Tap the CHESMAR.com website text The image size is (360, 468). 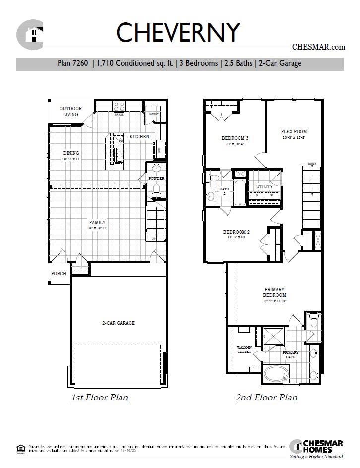click(318, 47)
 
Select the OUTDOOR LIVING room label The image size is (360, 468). click(70, 112)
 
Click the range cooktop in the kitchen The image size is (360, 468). click(119, 107)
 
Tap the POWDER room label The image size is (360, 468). click(156, 178)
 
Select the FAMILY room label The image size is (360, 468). click(97, 223)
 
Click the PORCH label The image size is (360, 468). click(59, 273)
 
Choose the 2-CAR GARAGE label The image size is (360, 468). click(119, 323)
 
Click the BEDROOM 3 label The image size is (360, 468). click(235, 138)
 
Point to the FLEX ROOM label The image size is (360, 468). click(291, 132)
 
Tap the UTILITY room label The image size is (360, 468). click(264, 187)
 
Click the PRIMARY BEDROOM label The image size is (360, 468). click(275, 292)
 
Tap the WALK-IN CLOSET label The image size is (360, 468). click(243, 350)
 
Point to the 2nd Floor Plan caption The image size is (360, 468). click(266, 397)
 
